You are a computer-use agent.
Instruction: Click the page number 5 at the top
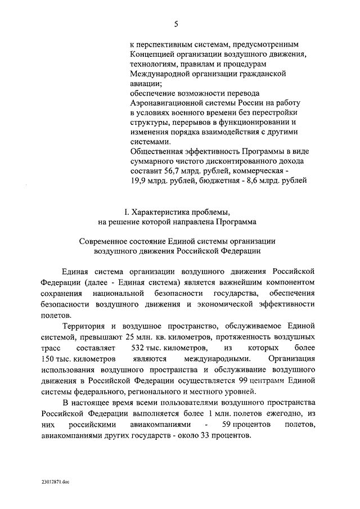[x=176, y=24]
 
